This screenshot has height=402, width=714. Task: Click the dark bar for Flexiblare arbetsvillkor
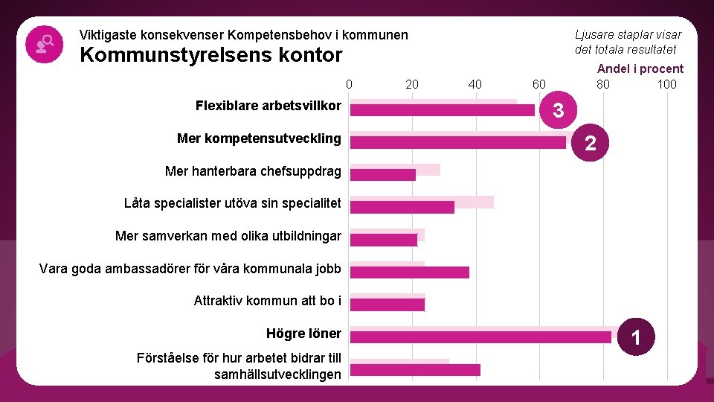tap(443, 110)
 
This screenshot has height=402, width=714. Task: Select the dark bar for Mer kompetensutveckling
tap(458, 142)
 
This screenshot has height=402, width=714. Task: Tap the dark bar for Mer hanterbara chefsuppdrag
tap(383, 175)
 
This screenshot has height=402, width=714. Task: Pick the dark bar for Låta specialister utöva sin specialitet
tap(402, 207)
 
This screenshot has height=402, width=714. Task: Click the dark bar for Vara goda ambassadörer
tap(410, 272)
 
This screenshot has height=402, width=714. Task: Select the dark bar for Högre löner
tap(480, 337)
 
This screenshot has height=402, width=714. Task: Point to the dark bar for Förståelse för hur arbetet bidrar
tap(415, 370)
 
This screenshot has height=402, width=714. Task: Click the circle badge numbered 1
tap(636, 339)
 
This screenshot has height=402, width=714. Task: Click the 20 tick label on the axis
tap(412, 84)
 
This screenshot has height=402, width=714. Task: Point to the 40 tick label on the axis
tap(475, 84)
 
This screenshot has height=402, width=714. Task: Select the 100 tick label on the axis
tap(666, 84)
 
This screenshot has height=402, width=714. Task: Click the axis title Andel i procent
tap(640, 68)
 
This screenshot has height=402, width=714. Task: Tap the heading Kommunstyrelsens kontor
tap(210, 55)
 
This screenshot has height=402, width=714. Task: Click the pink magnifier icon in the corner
tap(43, 44)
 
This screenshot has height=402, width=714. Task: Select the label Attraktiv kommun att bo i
tap(268, 301)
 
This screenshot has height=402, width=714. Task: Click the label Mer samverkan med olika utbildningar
tap(228, 236)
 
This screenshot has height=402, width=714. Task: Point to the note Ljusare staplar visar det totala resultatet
tap(628, 42)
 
